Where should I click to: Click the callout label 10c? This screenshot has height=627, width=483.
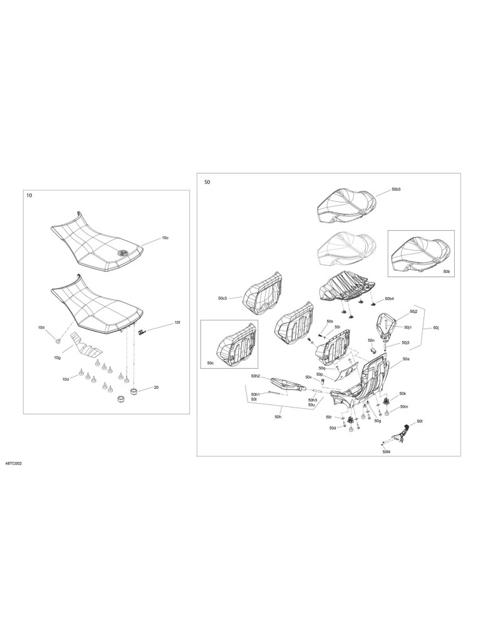coord(165,238)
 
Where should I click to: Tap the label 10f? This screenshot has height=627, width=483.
coord(177,322)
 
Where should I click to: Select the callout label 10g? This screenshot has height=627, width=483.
coord(57,357)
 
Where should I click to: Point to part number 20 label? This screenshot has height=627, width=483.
coord(156,387)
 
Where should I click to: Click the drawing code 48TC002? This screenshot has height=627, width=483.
coord(14,464)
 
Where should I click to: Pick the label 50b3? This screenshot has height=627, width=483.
coord(396,189)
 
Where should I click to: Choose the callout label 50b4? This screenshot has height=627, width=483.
coord(389,298)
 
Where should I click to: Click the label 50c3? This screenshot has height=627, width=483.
coord(222,298)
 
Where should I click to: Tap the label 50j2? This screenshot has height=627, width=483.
coord(402,311)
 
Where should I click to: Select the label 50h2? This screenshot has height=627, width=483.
coord(256,376)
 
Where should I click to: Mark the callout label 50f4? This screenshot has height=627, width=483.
coord(386,452)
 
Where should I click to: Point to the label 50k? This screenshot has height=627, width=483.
coord(403,394)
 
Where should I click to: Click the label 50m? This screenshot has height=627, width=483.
coord(403,407)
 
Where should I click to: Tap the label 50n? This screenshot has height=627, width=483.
coord(371,340)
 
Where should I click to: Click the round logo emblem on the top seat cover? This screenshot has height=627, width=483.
coord(123,252)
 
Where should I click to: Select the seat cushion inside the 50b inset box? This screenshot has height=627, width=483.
coord(417,255)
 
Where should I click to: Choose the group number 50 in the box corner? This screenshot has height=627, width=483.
coord(207,182)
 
